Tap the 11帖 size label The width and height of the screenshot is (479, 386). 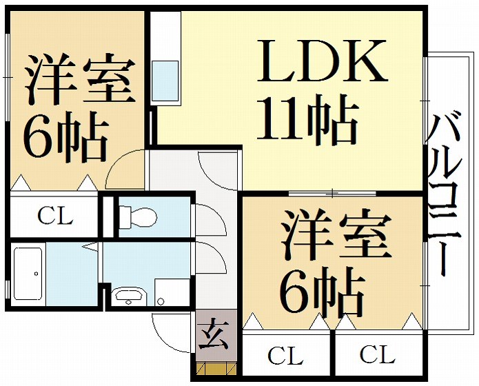307,120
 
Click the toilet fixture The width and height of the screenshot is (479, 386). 138,217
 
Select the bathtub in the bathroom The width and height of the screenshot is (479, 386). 28,274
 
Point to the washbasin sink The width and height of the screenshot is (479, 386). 129,296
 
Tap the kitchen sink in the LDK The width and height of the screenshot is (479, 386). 165,81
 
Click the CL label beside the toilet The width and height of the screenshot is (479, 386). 55,216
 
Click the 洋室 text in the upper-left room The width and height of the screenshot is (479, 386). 80,79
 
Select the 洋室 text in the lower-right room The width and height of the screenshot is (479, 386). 336,235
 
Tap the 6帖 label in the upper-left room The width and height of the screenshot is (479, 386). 66,137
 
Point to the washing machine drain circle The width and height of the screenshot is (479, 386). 160,302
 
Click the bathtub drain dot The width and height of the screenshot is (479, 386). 36,274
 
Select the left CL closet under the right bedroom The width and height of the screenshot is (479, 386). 286,354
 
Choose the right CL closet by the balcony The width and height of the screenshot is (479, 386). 378,354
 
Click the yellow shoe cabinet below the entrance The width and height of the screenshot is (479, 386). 216,369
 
